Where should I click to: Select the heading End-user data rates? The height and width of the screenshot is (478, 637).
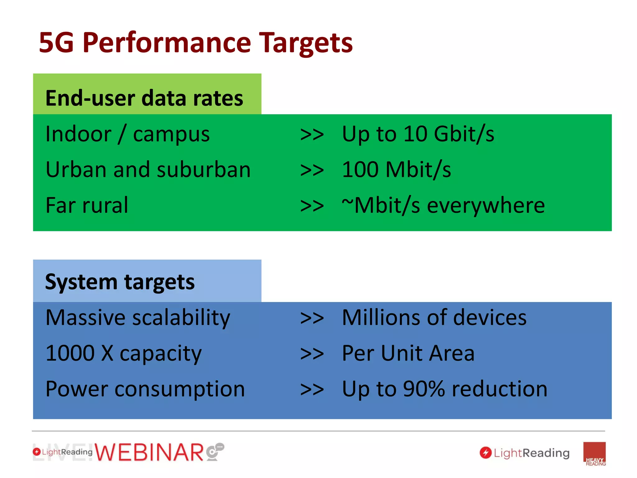(x=144, y=98)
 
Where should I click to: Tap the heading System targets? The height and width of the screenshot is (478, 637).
(x=120, y=282)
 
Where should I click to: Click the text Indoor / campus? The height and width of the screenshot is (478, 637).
(x=128, y=134)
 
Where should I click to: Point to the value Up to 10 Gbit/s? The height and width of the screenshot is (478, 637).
(x=418, y=134)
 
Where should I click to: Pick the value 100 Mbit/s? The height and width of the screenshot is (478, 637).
(x=396, y=170)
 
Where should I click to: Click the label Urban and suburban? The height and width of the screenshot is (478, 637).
(x=148, y=170)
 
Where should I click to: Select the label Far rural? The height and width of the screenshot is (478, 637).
(x=87, y=205)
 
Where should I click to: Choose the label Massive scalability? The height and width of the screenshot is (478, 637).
(x=138, y=318)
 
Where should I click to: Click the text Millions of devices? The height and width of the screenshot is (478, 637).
(x=434, y=318)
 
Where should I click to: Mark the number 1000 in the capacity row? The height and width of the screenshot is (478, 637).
(x=70, y=354)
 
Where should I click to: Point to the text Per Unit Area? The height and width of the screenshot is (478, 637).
(x=408, y=354)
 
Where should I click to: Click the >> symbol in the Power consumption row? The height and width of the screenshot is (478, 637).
(x=312, y=390)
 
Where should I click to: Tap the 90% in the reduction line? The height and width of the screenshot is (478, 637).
(x=424, y=389)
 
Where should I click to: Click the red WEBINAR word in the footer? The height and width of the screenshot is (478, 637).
(x=149, y=452)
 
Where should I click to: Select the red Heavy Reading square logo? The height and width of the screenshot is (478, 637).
(x=594, y=453)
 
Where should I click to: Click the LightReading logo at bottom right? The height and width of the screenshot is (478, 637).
(x=524, y=453)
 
